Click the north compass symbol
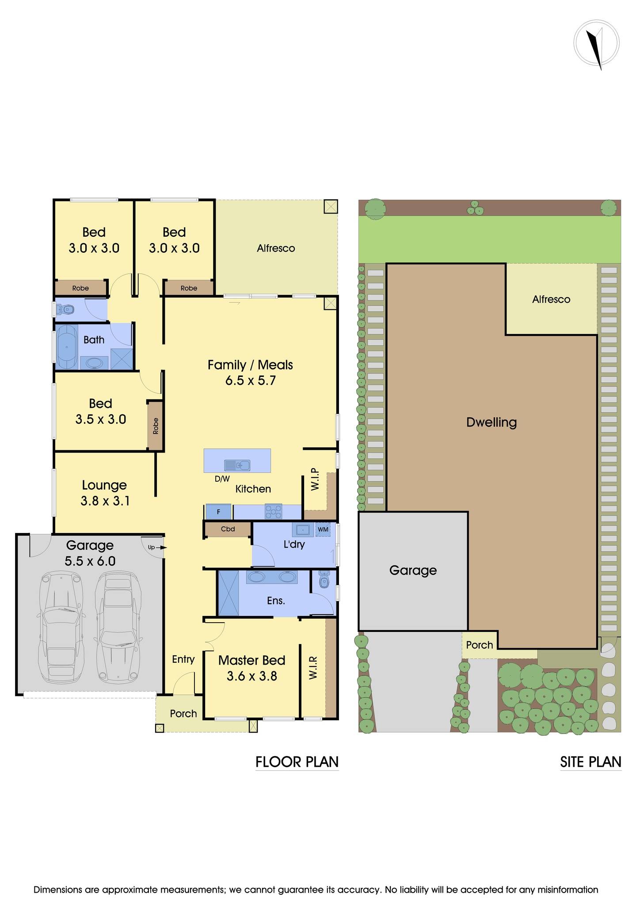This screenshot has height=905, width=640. [596, 44]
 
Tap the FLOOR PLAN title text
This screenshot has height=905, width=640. [297, 762]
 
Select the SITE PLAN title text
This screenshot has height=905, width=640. [590, 762]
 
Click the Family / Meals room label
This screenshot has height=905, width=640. [250, 365]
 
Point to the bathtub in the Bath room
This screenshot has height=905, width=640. [66, 347]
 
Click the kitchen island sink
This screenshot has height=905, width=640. [237, 465]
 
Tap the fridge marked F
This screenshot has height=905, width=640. [218, 512]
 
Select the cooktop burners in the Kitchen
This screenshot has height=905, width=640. [273, 512]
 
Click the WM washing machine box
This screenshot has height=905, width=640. [323, 529]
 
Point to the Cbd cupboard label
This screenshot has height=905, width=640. [228, 529]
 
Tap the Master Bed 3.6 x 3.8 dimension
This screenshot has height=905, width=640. [251, 676]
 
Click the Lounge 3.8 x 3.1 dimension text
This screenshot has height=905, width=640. [105, 501]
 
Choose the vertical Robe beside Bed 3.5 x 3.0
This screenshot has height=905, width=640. [155, 426]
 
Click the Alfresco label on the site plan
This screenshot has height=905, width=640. [551, 299]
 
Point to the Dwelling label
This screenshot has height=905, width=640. [491, 422]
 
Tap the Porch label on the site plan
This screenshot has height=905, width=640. [479, 645]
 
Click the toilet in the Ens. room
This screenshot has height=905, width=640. [324, 581]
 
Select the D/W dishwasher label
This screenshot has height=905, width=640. [222, 479]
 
